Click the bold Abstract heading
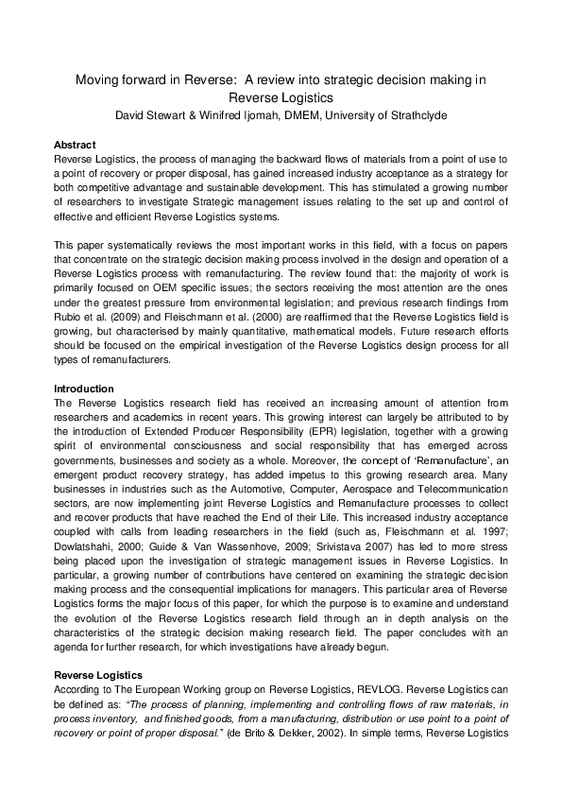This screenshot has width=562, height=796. pos(75,146)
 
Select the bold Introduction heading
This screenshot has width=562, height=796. pos(83,389)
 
